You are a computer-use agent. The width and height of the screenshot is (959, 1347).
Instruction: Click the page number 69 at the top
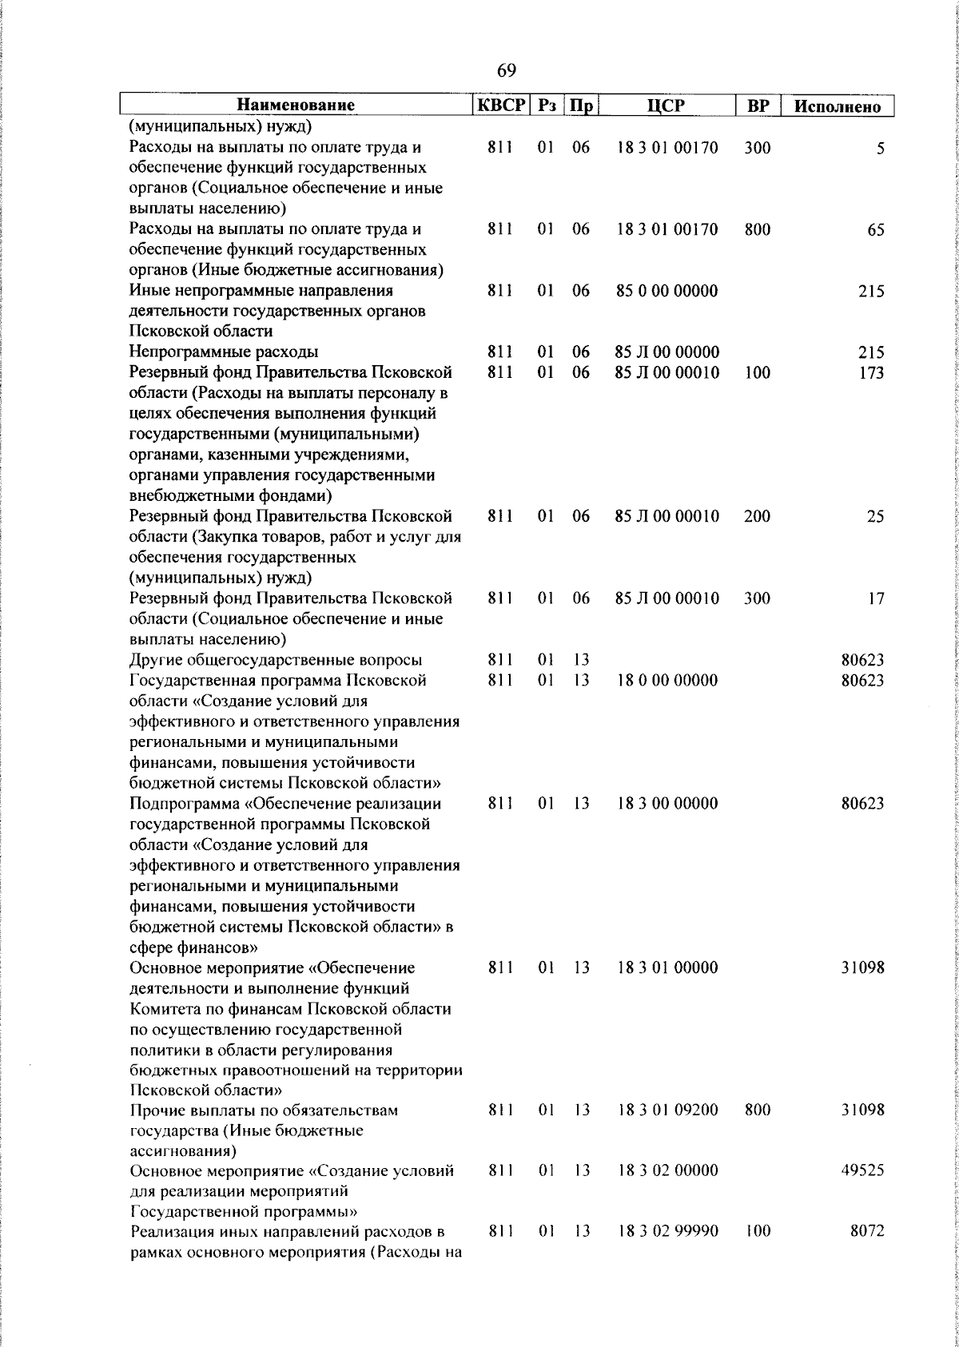coord(506,71)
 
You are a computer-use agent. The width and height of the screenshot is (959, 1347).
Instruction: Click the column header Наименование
coord(295,105)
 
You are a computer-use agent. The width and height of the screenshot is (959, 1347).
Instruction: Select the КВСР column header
coord(500,105)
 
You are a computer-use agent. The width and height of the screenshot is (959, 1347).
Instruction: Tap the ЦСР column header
coord(667,105)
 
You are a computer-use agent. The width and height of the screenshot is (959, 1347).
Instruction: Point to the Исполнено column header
coord(838,106)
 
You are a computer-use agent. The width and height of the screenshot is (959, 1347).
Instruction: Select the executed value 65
coord(875,230)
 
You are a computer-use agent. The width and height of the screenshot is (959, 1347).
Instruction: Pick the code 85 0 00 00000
coord(667,291)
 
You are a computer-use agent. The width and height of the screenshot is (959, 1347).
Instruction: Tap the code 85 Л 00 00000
coord(667,352)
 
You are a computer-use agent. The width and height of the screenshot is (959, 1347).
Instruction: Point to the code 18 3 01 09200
coord(667,1110)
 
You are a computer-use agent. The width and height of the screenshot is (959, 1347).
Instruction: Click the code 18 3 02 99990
coord(667,1231)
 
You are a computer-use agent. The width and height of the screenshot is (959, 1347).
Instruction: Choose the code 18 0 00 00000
coord(667,680)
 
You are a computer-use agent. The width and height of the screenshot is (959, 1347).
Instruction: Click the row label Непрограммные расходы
coord(224,352)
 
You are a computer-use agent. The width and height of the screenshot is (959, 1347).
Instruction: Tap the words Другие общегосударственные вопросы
coord(276,660)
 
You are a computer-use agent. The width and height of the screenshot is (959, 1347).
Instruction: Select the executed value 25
coord(875,517)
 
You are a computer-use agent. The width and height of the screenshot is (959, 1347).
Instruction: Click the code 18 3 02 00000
coord(667,1170)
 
